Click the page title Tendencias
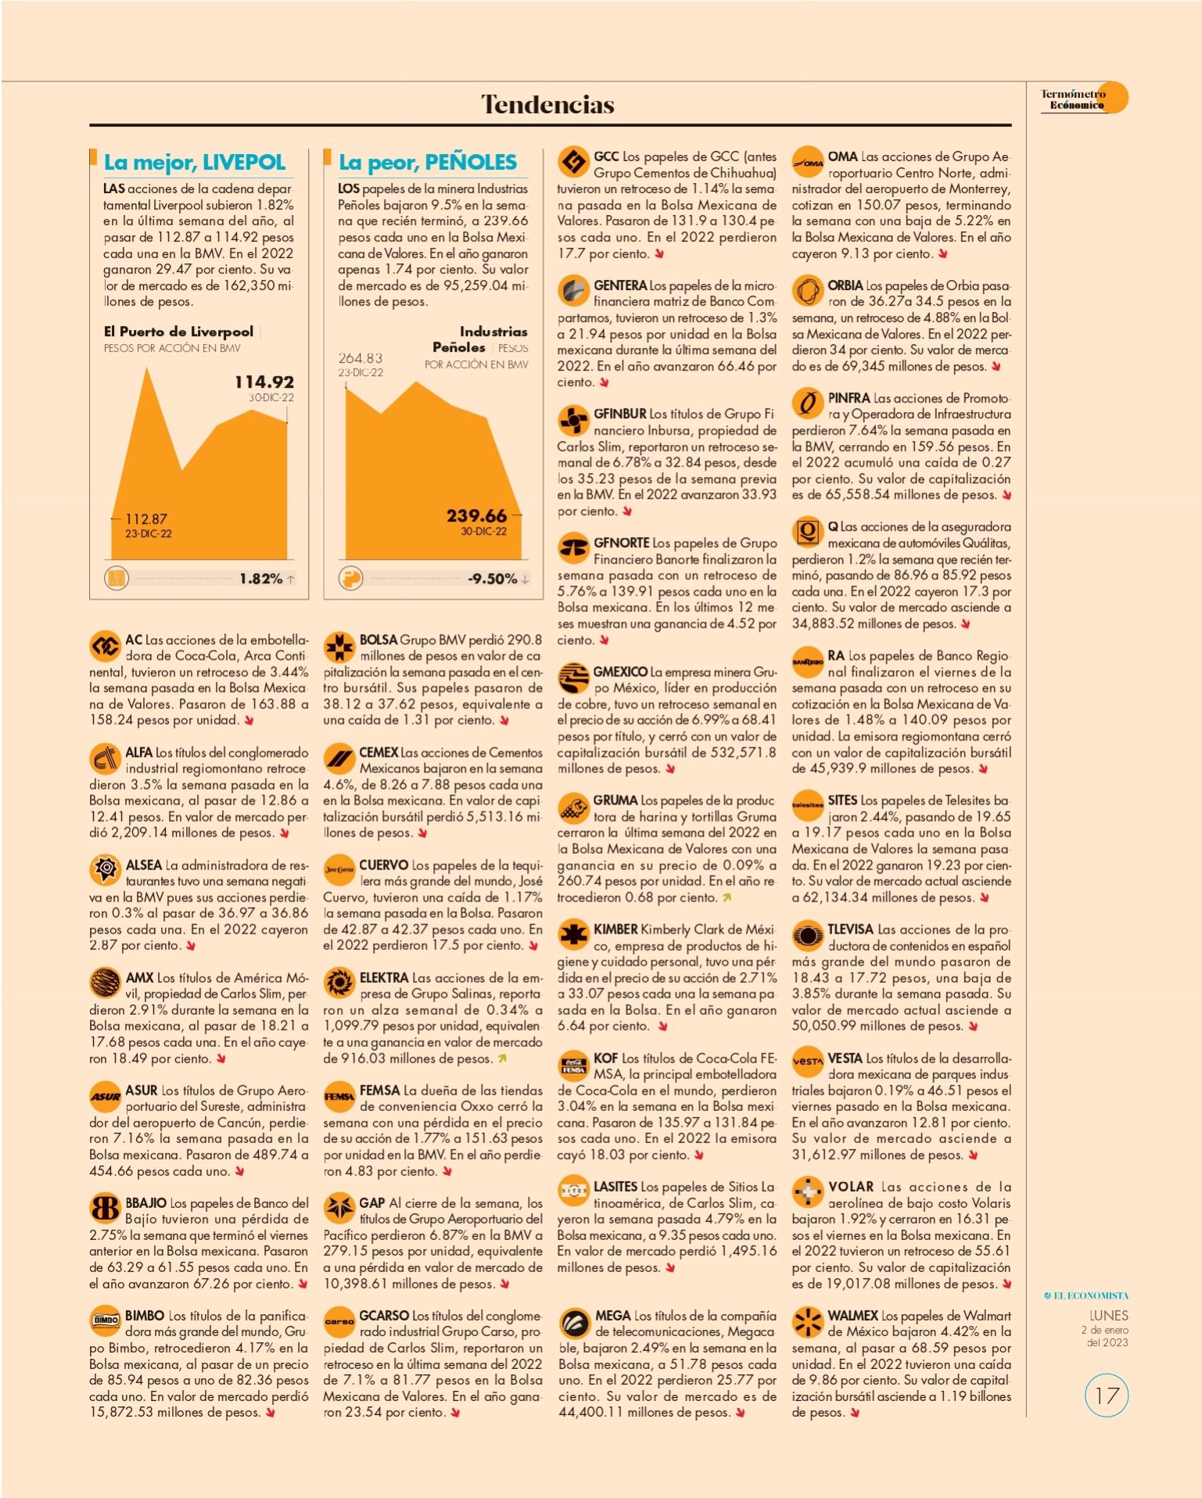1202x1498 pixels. [547, 104]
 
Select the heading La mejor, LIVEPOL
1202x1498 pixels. [195, 162]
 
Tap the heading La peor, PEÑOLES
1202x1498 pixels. [428, 162]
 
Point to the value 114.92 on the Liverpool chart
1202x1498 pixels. [264, 382]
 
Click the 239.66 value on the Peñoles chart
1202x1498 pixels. [476, 515]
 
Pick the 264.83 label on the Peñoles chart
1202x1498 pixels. [361, 357]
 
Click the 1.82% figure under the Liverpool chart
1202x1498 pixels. [261, 579]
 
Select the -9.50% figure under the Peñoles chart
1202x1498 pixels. [493, 579]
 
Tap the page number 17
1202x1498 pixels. [1107, 1396]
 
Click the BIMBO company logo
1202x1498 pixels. [105, 1320]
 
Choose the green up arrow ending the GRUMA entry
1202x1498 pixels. [727, 898]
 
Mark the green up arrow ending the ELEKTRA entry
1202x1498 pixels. [502, 1059]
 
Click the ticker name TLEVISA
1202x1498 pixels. [851, 929]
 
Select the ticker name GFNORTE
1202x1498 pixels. [622, 543]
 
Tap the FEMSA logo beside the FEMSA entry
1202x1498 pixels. [339, 1096]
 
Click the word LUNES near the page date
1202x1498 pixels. [1109, 1316]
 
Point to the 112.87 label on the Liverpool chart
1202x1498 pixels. [146, 518]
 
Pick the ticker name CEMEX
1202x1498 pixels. [379, 752]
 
